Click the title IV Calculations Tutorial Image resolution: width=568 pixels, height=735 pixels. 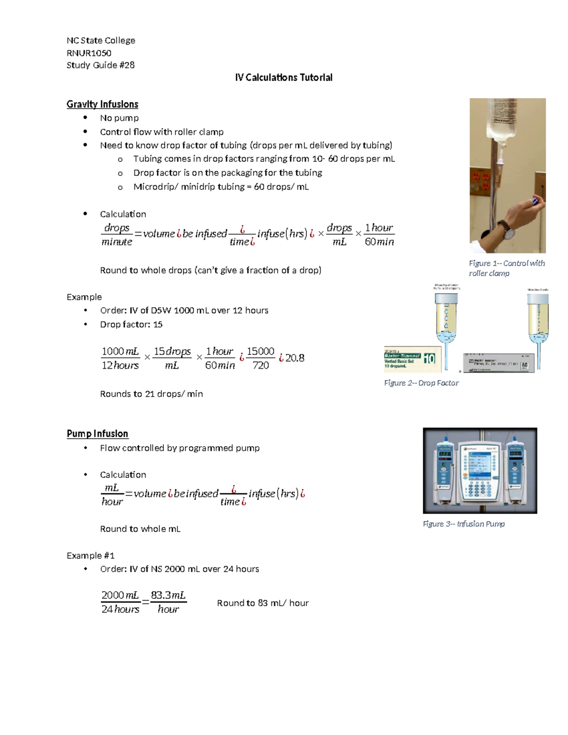point(284,78)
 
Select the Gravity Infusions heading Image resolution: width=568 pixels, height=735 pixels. point(102,104)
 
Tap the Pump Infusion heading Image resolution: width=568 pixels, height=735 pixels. point(98,434)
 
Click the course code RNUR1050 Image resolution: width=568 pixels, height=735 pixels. point(89,53)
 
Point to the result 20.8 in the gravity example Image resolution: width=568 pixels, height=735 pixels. point(294,358)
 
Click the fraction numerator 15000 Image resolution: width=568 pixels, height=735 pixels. point(260,351)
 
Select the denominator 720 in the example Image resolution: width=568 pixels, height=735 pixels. point(260,365)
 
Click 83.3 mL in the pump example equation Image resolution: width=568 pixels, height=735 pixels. point(168,595)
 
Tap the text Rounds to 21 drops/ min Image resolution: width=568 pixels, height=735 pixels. point(151,394)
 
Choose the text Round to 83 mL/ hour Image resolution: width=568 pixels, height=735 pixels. point(263,603)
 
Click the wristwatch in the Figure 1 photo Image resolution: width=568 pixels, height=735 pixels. point(508,231)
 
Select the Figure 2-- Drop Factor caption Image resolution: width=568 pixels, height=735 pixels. point(421,383)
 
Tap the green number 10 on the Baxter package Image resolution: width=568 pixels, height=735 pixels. point(429,359)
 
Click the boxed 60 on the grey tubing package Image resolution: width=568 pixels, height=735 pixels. point(524,365)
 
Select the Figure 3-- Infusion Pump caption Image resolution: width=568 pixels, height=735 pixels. point(464,524)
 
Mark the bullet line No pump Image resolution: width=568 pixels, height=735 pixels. point(119,118)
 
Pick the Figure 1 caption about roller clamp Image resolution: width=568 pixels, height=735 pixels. point(506,268)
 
